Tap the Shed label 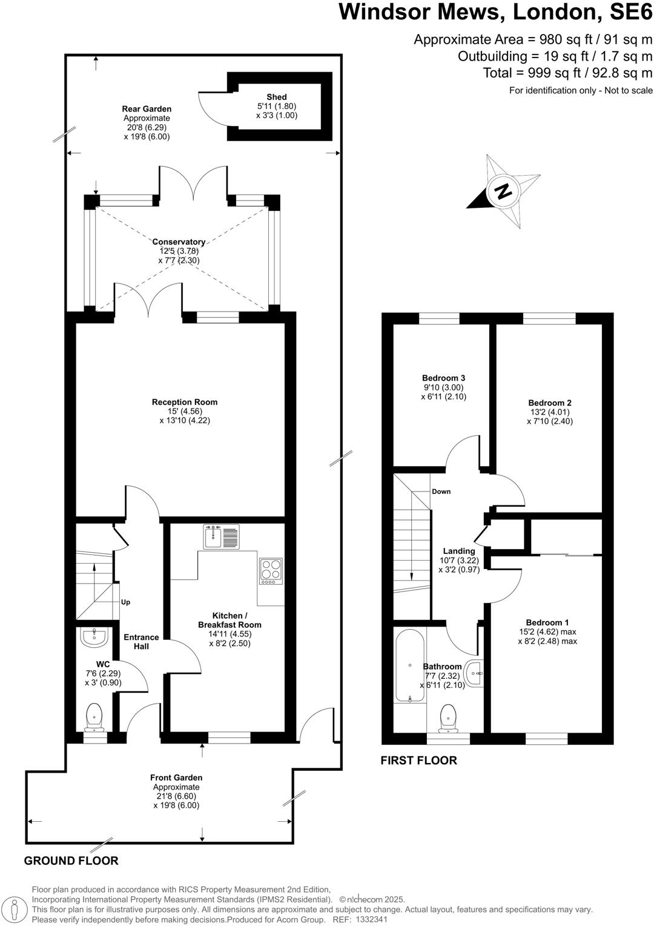tap(276, 97)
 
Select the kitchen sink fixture tap(221, 537)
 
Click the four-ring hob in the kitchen tap(271, 571)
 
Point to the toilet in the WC tap(94, 717)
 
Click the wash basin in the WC tap(93, 637)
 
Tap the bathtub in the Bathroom tap(410, 665)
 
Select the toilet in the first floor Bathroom tap(448, 717)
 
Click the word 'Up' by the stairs tap(125, 602)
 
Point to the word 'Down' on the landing tap(441, 491)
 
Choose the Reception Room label tap(185, 402)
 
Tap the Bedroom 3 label tap(443, 378)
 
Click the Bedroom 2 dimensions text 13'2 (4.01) tap(549, 412)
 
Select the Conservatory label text tap(179, 242)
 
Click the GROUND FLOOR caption tap(71, 861)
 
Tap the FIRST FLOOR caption tap(418, 760)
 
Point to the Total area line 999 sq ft tap(567, 73)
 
